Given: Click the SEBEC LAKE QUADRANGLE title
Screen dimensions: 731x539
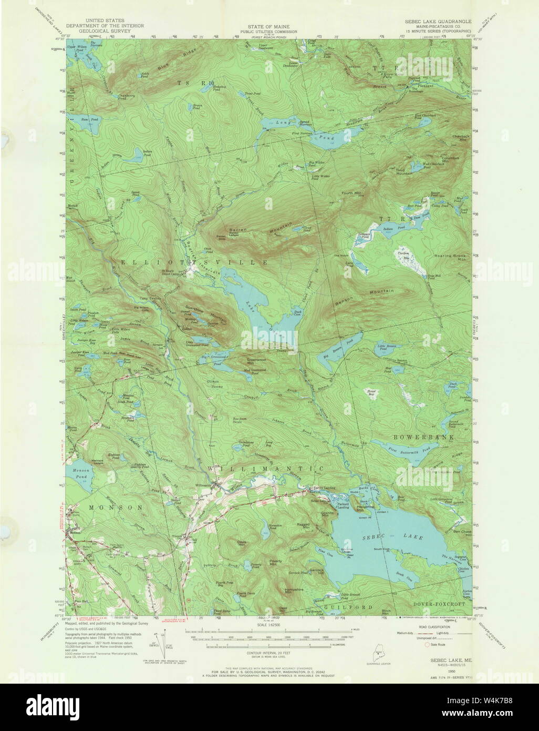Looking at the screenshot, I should pyautogui.click(x=438, y=22).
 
